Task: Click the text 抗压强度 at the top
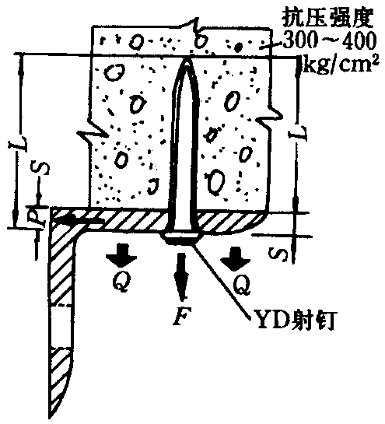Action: point(327,18)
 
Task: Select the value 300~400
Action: point(329,40)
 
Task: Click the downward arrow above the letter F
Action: point(180,276)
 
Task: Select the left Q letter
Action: point(121,281)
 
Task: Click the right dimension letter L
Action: point(299,134)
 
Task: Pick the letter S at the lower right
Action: point(278,253)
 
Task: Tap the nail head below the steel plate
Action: point(182,239)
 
